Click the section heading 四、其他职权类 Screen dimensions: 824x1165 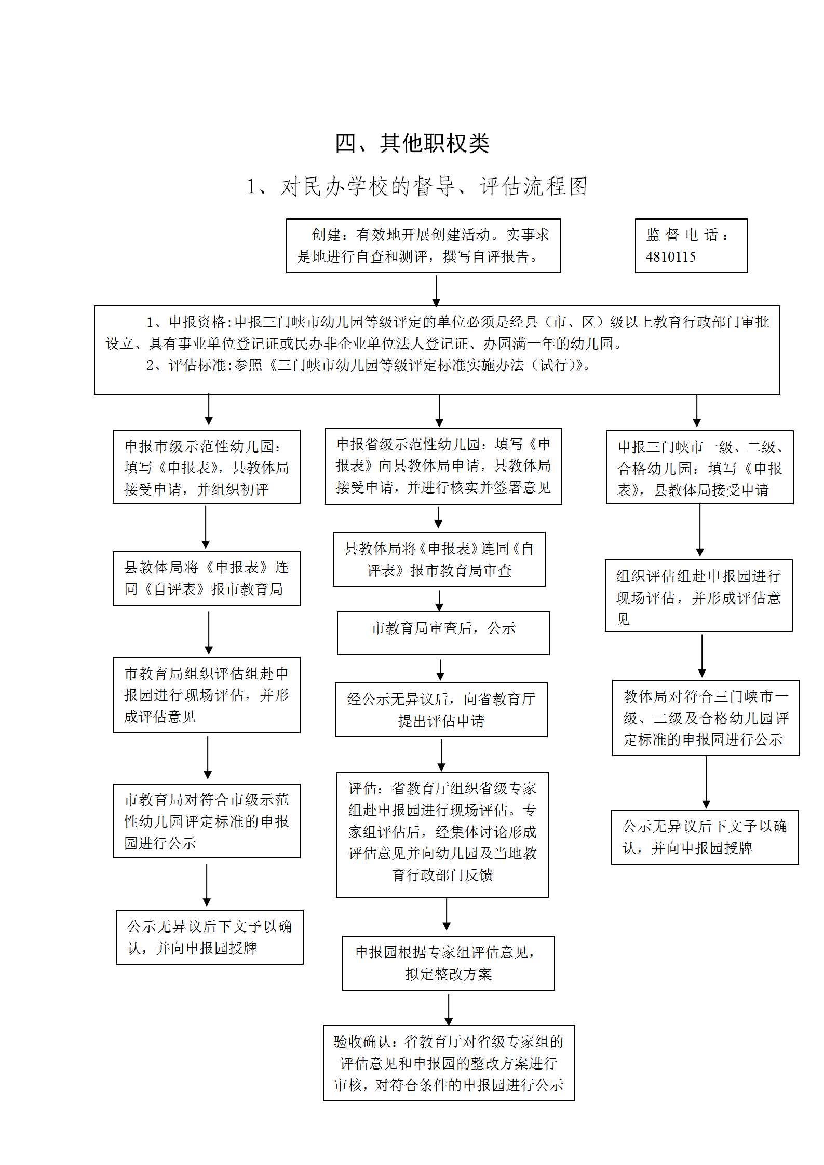[412, 143]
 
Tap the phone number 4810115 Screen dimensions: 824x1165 [670, 256]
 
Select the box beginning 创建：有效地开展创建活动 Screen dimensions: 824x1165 [423, 246]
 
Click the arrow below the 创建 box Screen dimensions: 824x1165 [436, 291]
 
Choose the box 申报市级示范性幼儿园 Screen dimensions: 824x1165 [207, 467]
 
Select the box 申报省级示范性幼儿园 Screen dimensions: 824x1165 [443, 466]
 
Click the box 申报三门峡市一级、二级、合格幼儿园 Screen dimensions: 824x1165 [699, 467]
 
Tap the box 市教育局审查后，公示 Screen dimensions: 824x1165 [443, 633]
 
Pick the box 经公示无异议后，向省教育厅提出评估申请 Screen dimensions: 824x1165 [441, 709]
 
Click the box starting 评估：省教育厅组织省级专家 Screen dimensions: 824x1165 [442, 834]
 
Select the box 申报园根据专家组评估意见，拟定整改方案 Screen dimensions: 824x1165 [449, 963]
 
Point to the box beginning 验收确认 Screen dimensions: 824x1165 [449, 1063]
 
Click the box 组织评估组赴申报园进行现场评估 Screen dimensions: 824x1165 [699, 595]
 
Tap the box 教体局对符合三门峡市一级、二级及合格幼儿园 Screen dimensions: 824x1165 [706, 718]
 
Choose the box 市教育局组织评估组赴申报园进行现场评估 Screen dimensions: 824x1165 [207, 695]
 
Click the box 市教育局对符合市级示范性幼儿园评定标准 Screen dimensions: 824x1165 [207, 821]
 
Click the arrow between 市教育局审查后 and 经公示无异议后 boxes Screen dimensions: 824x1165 [440, 670]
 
